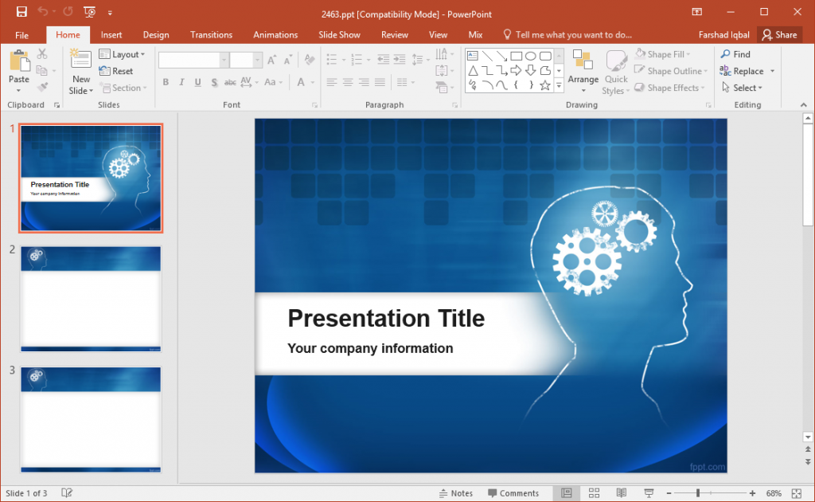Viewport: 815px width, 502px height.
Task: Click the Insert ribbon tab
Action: tap(111, 35)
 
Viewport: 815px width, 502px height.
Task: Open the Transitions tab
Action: tap(211, 35)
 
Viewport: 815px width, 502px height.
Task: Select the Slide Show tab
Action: tap(339, 35)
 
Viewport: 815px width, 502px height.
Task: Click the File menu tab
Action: tap(21, 35)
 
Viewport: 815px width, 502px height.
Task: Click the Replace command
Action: tap(747, 71)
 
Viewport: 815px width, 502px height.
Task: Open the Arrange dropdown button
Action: tap(583, 73)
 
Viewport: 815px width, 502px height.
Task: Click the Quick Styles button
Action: tap(615, 73)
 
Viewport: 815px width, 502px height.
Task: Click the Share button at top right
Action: tap(779, 35)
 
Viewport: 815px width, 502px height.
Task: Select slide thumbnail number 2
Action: tap(91, 299)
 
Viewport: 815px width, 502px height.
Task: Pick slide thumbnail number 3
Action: tap(91, 419)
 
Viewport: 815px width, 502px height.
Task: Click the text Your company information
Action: tap(370, 348)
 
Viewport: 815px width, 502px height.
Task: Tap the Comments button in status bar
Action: tap(513, 493)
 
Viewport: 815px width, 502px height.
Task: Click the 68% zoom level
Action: tap(773, 493)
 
